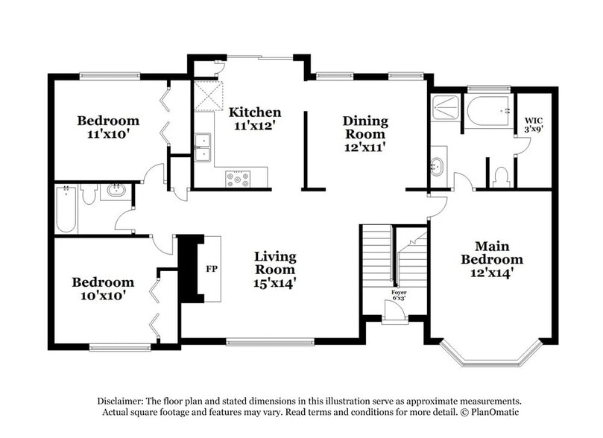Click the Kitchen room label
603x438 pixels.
255,112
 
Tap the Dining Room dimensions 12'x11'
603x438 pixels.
365,147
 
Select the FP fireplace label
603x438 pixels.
212,269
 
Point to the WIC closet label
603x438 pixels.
534,121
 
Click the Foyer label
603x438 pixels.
399,293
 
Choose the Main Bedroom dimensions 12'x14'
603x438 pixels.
492,273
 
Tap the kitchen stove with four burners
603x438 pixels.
238,179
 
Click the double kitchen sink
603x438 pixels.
202,147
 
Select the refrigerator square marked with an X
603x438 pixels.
208,96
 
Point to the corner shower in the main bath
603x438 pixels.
445,108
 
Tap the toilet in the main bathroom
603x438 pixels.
501,177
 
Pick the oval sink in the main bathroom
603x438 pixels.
437,167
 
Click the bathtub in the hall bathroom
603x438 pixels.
66,209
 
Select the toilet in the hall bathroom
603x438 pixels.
89,194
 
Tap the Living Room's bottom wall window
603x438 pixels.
270,342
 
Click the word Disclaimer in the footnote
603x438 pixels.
120,401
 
